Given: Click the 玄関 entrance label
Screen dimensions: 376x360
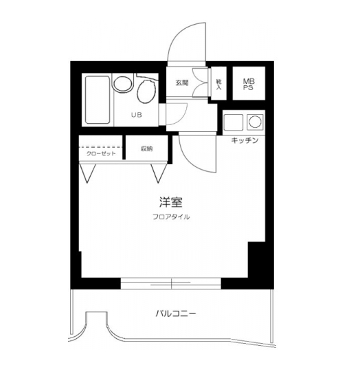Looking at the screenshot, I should click(181, 83).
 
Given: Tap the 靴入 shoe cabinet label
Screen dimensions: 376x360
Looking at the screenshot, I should click(218, 84).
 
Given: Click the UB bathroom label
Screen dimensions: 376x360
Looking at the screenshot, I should click(137, 115).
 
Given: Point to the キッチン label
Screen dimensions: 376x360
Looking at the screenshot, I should click(244, 140).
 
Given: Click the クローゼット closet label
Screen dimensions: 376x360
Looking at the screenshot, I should click(100, 153).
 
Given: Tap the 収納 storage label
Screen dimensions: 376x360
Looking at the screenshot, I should click(146, 148).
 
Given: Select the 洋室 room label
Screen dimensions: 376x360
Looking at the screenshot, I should click(170, 203).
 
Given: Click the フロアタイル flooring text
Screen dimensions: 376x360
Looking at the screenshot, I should click(171, 217).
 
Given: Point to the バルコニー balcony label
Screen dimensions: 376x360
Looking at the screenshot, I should click(175, 313).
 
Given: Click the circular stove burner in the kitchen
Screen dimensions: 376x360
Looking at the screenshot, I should click(254, 123).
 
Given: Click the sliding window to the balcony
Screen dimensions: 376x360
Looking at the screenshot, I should click(170, 283).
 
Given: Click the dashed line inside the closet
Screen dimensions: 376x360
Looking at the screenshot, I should click(100, 146).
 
